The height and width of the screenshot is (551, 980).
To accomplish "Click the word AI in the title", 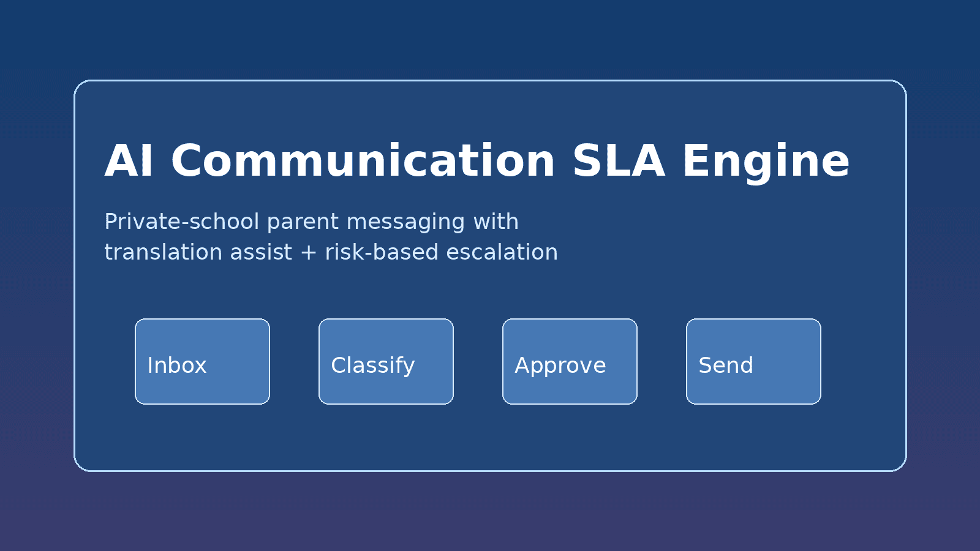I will [x=129, y=162].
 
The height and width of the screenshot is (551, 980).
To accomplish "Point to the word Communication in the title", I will [x=363, y=162].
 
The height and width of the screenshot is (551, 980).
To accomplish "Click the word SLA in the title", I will [x=618, y=162].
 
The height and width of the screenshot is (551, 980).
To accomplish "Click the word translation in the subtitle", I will [x=163, y=252].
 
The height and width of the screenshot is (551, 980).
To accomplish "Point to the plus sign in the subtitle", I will [x=308, y=253].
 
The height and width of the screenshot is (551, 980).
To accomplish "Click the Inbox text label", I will [x=177, y=365].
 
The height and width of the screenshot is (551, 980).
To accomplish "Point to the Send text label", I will [x=726, y=365].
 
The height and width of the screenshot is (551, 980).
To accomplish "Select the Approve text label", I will [x=560, y=366].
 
